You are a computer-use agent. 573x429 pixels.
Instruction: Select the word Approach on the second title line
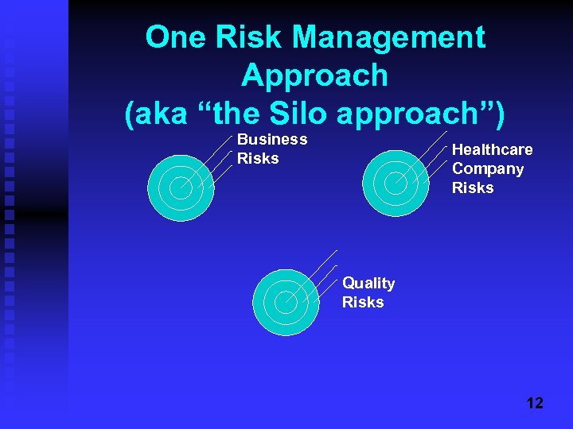point(314,75)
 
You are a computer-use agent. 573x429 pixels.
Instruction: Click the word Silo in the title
point(298,114)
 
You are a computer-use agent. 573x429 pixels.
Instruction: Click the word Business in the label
point(272,140)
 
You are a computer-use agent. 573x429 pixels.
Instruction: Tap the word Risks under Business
point(258,158)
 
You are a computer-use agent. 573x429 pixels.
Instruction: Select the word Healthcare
point(492,150)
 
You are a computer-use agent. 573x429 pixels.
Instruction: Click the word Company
point(487,169)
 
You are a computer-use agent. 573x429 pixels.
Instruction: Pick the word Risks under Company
point(473,188)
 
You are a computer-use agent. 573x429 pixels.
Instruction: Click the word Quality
point(368,284)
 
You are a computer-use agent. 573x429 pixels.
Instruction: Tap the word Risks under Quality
point(363,303)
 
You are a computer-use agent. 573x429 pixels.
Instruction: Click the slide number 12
point(535,403)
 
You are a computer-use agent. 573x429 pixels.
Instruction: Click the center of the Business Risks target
point(181,188)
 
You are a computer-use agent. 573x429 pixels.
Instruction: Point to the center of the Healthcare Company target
point(396,183)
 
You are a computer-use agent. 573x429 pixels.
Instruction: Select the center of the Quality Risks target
point(285,302)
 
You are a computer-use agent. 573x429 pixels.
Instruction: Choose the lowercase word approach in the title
point(411,114)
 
